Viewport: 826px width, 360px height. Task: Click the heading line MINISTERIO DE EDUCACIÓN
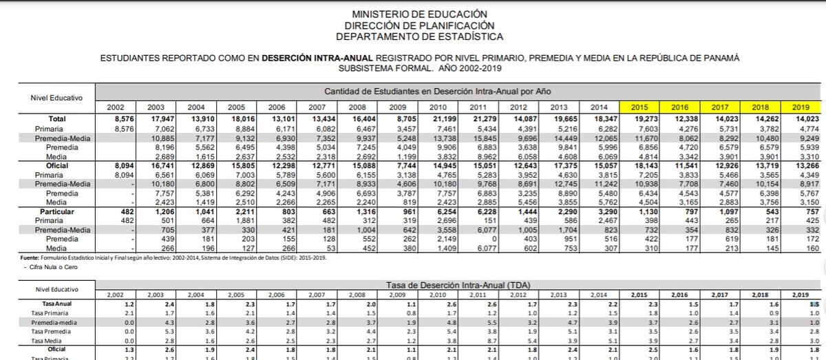(x=419, y=14)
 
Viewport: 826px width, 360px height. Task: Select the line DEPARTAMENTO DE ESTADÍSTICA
(x=419, y=36)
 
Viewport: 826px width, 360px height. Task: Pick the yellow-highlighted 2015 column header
(x=639, y=107)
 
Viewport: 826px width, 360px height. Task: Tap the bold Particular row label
(x=56, y=211)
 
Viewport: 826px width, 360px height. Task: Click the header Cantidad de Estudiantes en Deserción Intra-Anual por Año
(x=437, y=91)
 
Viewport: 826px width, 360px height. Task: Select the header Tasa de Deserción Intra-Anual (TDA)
(x=457, y=284)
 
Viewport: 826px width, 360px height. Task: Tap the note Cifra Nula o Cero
(x=41, y=266)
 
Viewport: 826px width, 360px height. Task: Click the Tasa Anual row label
(x=56, y=304)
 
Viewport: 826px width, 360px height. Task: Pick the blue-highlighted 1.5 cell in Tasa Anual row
(x=814, y=304)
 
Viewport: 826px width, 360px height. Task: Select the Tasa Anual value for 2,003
(x=169, y=304)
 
